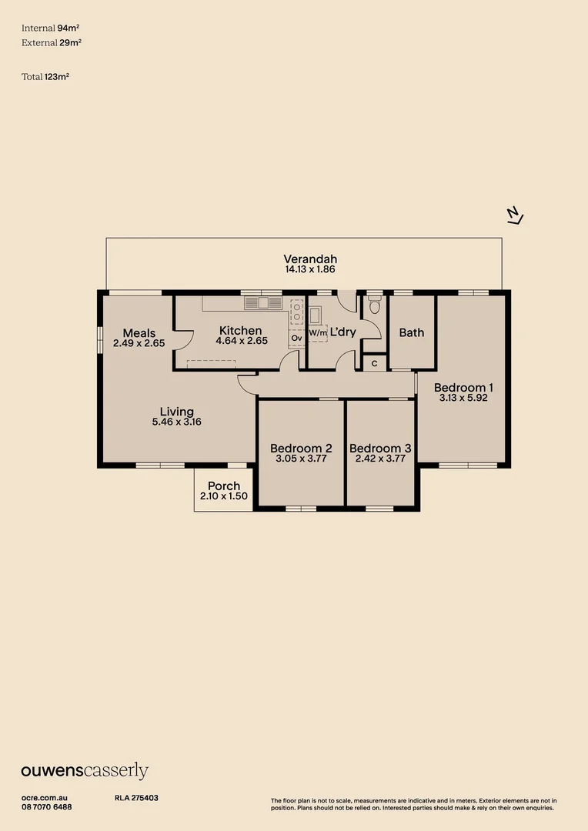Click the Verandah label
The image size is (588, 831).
[310, 259]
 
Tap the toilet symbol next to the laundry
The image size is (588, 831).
[374, 305]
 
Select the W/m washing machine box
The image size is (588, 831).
[318, 333]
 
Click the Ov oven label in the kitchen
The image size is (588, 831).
[296, 338]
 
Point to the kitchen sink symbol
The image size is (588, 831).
[263, 303]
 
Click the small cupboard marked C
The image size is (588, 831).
[374, 363]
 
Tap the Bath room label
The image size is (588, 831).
[412, 333]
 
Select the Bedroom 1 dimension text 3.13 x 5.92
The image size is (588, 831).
[463, 398]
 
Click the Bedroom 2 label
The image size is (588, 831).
[301, 449]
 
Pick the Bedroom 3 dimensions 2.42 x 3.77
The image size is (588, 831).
[380, 459]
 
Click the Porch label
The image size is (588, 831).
[224, 486]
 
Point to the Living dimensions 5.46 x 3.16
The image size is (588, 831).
[176, 422]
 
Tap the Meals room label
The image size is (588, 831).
[139, 333]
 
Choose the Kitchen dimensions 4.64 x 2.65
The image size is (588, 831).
[241, 341]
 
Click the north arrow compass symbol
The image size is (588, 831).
[515, 215]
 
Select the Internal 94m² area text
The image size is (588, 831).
[50, 28]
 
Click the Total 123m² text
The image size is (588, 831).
[45, 77]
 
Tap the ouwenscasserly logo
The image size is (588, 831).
[85, 770]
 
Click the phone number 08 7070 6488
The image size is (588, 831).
[47, 807]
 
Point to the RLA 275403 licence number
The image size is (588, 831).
[136, 798]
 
